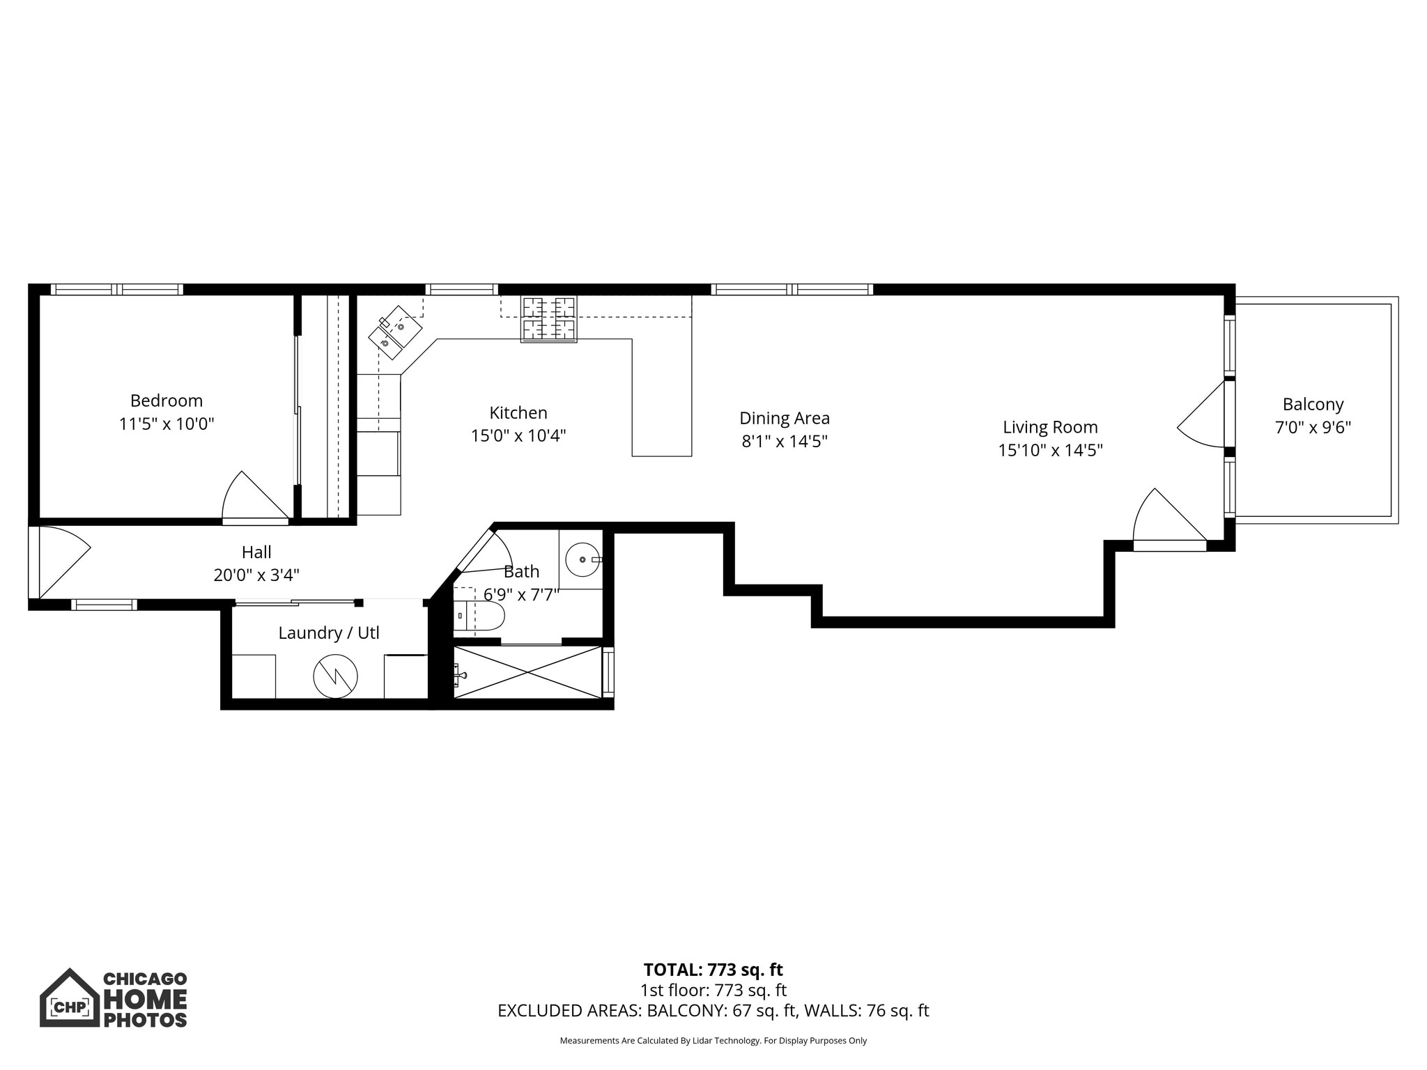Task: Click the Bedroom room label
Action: pos(166,401)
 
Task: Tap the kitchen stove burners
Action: pos(548,319)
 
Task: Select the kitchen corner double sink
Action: pos(394,333)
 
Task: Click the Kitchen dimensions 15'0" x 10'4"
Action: pos(518,436)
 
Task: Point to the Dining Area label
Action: pos(784,418)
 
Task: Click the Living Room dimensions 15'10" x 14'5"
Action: pos(1049,450)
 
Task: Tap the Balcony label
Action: pos(1313,404)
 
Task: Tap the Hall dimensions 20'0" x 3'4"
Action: pos(256,575)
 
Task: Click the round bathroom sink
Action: pos(582,559)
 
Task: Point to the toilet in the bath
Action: pos(481,616)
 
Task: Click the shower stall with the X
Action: pos(527,672)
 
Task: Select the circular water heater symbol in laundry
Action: pos(335,676)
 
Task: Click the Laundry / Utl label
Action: pos(328,633)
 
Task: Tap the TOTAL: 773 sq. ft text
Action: pos(713,970)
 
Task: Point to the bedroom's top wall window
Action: pos(117,289)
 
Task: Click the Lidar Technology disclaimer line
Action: pos(713,1041)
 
